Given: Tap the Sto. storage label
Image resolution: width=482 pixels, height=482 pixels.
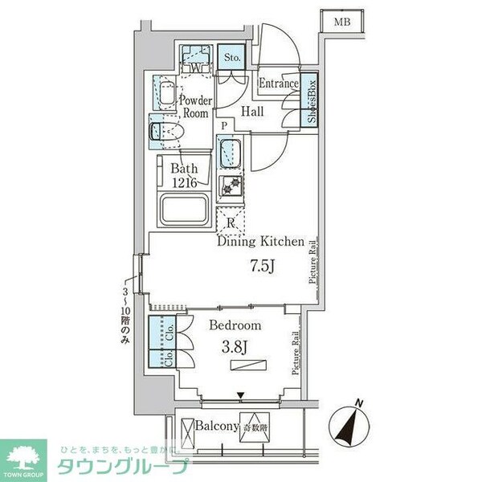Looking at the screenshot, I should tap(233, 58).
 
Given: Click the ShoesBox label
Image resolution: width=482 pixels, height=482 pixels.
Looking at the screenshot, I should tap(311, 100).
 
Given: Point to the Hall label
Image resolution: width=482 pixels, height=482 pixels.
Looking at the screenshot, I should tap(255, 112).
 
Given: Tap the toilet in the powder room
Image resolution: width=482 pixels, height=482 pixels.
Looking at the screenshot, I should tap(164, 129).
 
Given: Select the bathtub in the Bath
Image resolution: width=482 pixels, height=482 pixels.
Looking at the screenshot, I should tap(186, 210).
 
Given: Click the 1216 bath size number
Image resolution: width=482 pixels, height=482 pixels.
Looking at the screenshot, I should tap(184, 182).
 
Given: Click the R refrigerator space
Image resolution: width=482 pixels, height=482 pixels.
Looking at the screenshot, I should tap(231, 223).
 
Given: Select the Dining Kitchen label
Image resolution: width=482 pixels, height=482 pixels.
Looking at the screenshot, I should tap(259, 241).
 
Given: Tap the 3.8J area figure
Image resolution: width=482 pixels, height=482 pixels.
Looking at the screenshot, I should tap(235, 349).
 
